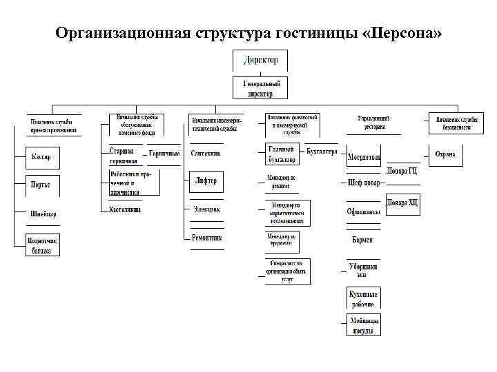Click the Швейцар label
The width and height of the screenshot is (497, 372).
43,213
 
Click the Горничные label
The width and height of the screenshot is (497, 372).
165,154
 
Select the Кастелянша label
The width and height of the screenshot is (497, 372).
125,209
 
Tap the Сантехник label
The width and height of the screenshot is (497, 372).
206,154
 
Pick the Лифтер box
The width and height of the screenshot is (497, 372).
206,181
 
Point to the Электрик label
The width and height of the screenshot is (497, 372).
206,209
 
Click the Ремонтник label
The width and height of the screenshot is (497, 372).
206,237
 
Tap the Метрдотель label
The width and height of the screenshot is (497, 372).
364,157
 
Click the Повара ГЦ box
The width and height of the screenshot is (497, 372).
402,171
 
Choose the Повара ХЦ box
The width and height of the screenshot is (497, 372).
402,203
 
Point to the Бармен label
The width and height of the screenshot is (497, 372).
362,239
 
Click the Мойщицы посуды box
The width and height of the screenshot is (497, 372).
364,325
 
